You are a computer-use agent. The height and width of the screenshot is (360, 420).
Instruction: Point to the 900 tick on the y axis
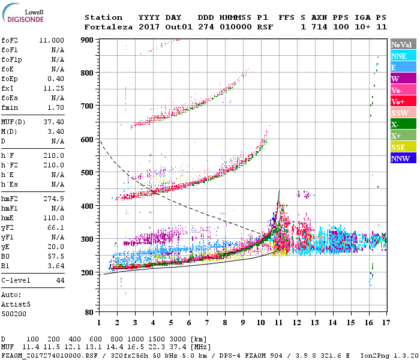pos(88,40)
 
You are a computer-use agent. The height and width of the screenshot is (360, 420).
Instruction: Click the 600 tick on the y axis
pos(88,139)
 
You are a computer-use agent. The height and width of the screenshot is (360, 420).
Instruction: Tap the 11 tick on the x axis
pos(278,322)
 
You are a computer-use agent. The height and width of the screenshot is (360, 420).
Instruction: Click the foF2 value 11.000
pos(52,40)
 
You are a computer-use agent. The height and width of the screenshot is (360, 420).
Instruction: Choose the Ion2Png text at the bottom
pos(374,355)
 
